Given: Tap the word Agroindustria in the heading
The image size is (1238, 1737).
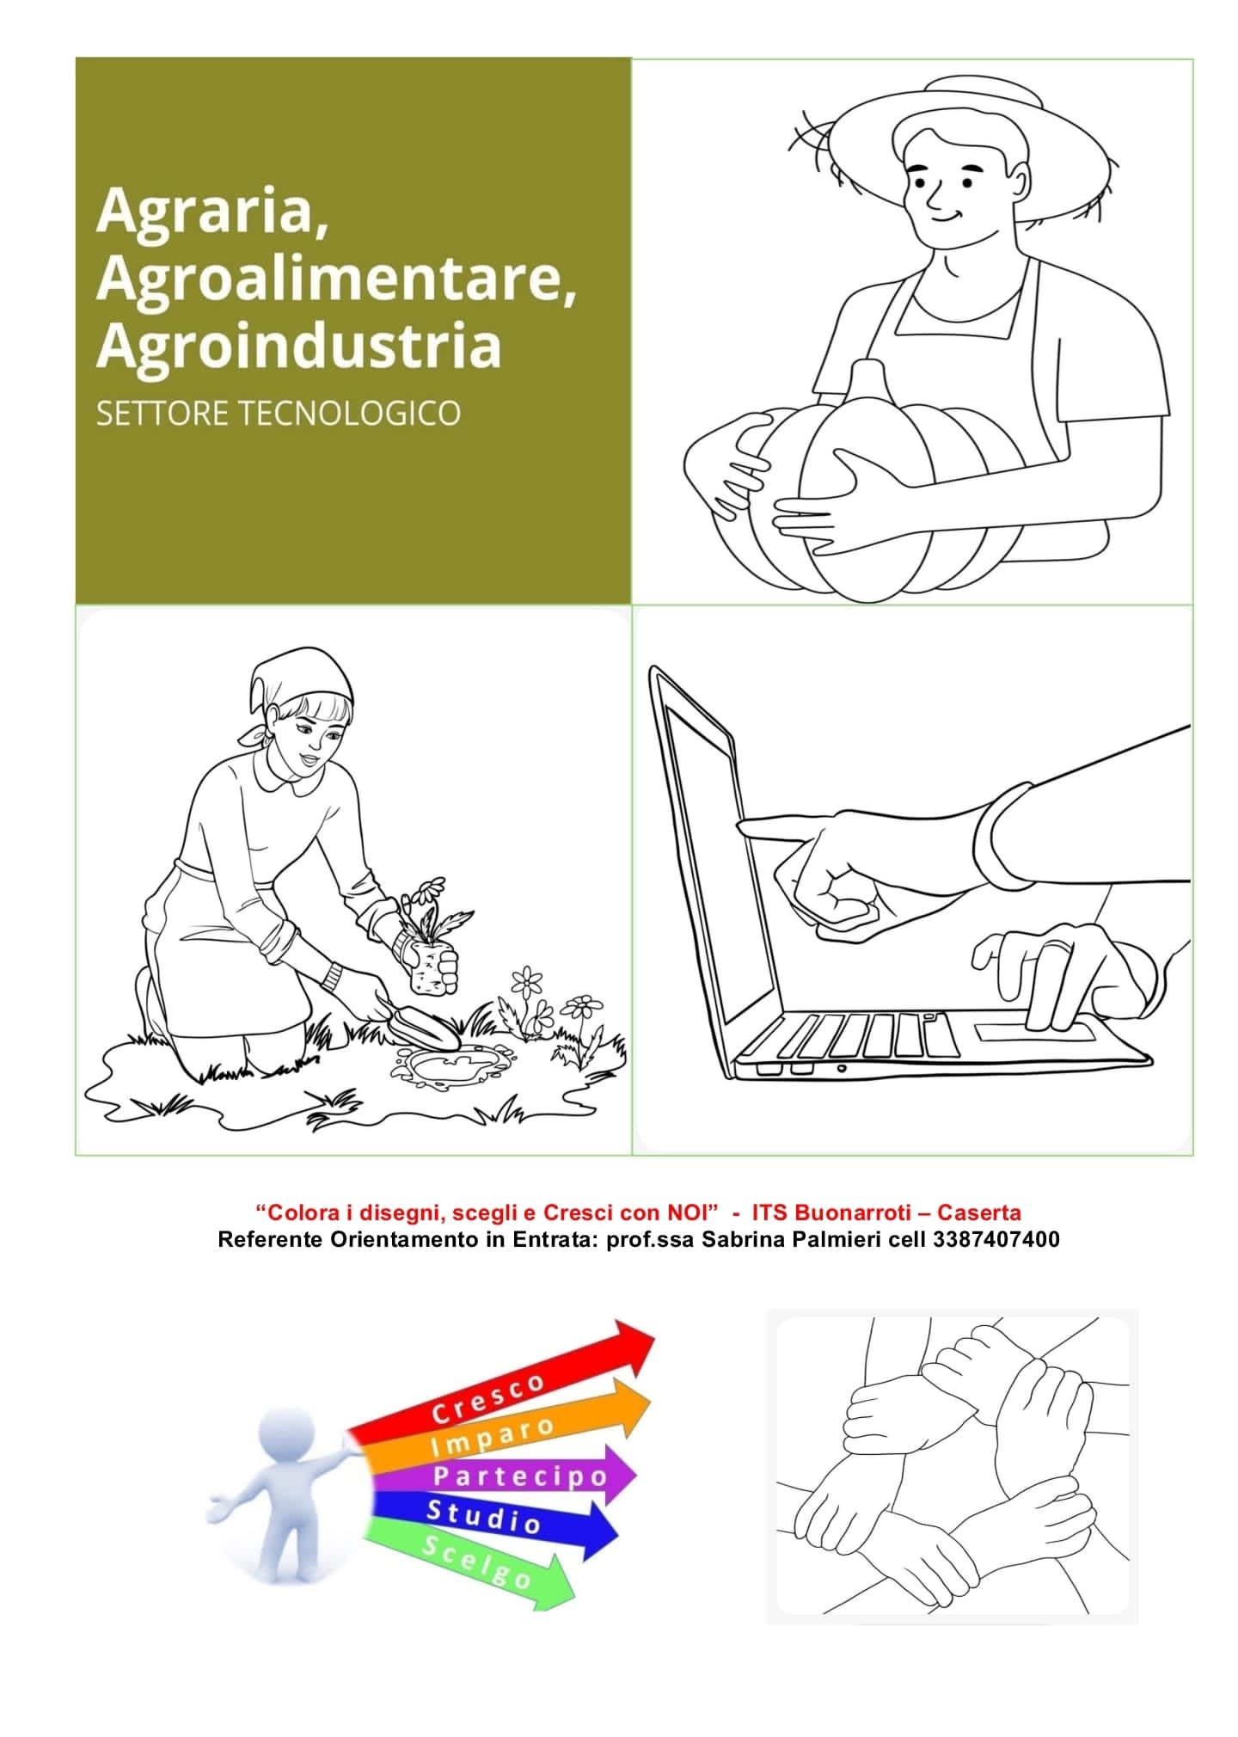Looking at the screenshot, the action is pos(298,346).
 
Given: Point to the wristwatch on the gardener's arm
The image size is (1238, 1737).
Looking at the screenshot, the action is pos(333,975).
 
